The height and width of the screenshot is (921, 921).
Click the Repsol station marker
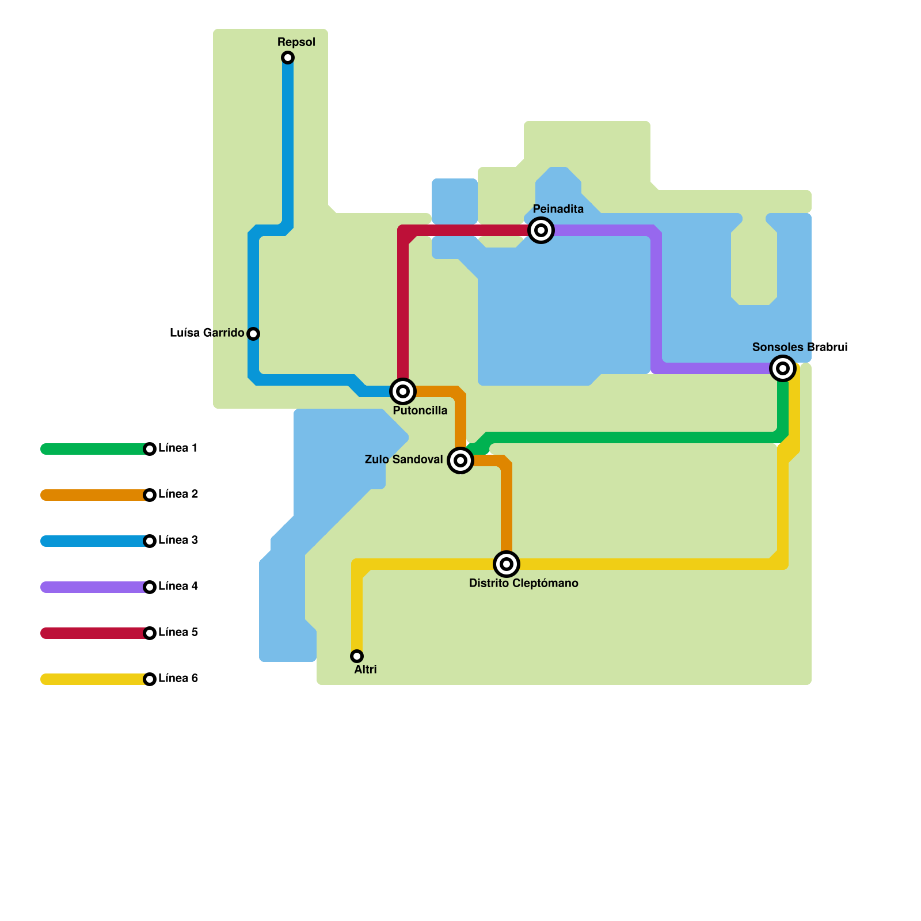coord(288,58)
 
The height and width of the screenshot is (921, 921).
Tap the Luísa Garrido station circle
coord(253,334)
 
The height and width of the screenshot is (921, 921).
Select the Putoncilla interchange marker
coord(403,391)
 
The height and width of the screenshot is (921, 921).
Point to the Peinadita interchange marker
coord(541,230)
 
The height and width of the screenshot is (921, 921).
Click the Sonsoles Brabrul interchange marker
coord(783,368)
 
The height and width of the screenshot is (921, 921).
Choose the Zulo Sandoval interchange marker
coord(461,461)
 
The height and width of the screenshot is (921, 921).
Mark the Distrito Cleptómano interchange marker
coord(507,564)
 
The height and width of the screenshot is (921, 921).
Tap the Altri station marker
coord(357,656)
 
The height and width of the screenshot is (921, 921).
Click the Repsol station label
coord(296,42)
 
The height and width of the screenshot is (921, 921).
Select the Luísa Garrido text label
coord(207,333)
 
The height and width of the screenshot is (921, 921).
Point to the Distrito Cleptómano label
coord(523,583)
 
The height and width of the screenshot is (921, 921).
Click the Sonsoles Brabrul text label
coord(800,347)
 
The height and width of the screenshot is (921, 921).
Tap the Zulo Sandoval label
coord(404,459)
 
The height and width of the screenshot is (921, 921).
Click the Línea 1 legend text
coord(178,448)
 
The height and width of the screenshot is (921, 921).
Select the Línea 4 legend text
coord(178,586)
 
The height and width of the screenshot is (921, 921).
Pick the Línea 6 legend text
coord(178,678)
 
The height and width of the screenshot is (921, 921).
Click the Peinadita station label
coord(558,209)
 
